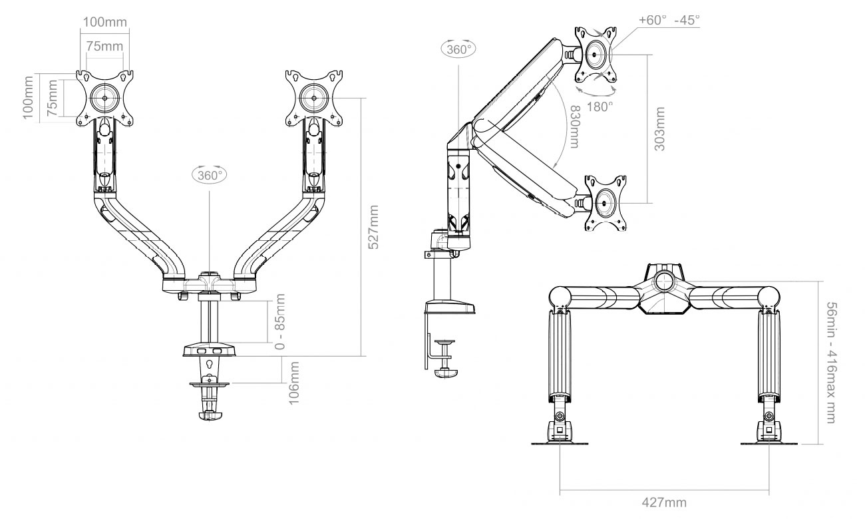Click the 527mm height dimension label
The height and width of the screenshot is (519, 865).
pyautogui.click(x=374, y=227)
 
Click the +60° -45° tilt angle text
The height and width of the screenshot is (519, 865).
pyautogui.click(x=669, y=20)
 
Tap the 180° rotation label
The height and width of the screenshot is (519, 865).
pyautogui.click(x=601, y=106)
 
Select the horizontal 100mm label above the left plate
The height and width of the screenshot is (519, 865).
pyautogui.click(x=105, y=21)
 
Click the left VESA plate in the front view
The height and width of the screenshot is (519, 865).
pyautogui.click(x=104, y=96)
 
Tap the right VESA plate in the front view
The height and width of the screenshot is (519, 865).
pyautogui.click(x=312, y=96)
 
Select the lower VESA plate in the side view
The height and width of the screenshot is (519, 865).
pyautogui.click(x=605, y=202)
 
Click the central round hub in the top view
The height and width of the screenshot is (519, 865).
pyautogui.click(x=663, y=279)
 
